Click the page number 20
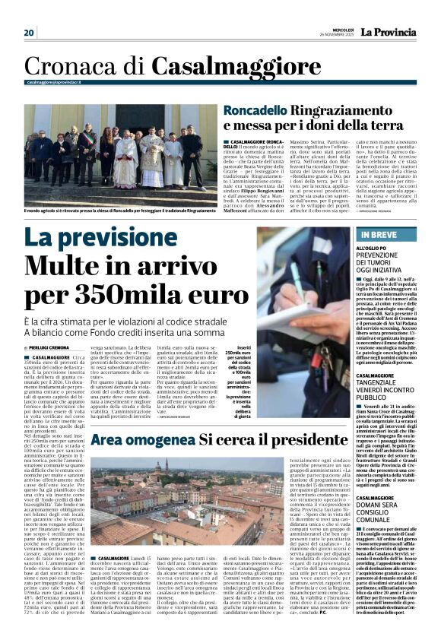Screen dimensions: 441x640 coord(30,32)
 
